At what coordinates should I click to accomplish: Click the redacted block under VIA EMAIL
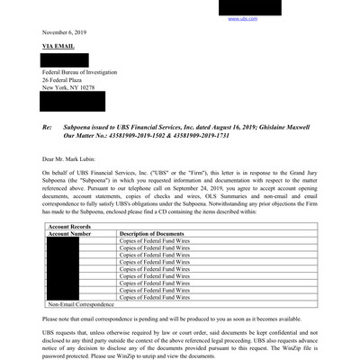pos(64,59)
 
